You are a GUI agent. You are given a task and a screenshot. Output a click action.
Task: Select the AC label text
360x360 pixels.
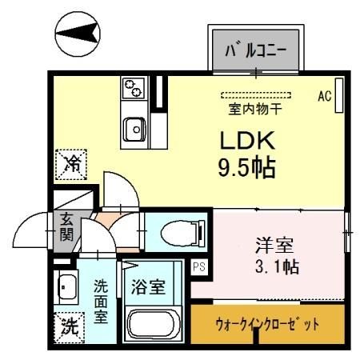tap(324, 96)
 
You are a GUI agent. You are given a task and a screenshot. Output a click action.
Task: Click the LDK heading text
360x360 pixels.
tap(248, 141)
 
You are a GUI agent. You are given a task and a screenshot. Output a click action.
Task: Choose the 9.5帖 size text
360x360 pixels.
tap(248, 168)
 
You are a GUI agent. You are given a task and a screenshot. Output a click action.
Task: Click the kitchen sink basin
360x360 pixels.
tap(134, 126)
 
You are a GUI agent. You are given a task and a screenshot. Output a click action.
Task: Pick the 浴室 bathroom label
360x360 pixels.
tap(150, 286)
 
